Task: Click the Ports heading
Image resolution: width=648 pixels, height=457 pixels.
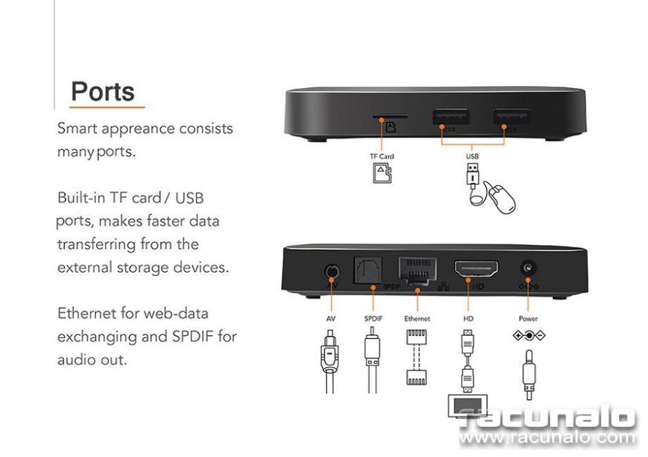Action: (x=103, y=91)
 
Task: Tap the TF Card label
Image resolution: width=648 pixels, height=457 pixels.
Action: (x=382, y=156)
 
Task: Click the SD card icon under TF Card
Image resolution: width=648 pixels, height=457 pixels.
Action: (x=381, y=173)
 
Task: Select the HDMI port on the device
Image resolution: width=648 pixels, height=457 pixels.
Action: (x=476, y=269)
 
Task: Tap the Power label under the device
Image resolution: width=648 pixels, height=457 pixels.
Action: (x=527, y=318)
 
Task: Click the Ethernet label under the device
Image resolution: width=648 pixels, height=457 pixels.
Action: (x=417, y=318)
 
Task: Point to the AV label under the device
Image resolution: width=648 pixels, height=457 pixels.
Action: (x=331, y=318)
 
